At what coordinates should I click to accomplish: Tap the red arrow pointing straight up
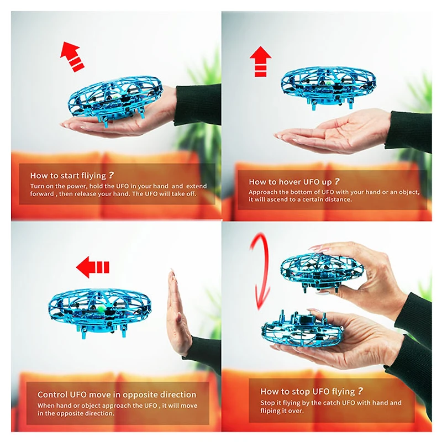(260, 61)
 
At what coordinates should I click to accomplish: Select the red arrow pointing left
(92, 267)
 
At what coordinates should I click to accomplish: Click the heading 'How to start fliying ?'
(72, 175)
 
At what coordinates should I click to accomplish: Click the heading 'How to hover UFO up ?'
(294, 182)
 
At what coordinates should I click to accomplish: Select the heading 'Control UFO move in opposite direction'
(117, 394)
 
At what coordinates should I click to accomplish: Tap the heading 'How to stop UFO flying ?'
(312, 391)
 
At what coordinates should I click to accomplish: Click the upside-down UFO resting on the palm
(302, 328)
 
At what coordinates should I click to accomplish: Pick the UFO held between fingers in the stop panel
(322, 272)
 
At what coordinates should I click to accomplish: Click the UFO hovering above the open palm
(328, 86)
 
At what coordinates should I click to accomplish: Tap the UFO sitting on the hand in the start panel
(115, 99)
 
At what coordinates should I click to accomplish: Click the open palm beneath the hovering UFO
(333, 133)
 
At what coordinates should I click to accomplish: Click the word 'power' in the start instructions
(77, 186)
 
